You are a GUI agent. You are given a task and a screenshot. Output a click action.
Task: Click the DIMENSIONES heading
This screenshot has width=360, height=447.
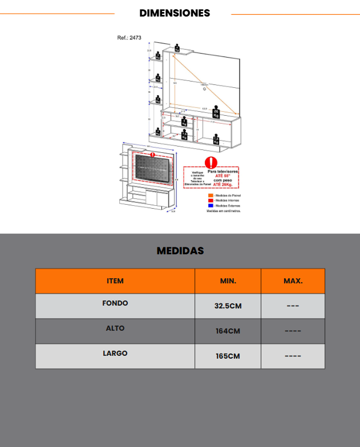[x=175, y=13]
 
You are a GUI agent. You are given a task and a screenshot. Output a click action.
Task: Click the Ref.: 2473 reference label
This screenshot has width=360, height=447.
[x=129, y=38]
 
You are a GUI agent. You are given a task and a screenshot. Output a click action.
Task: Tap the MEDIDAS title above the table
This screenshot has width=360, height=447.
[x=180, y=251]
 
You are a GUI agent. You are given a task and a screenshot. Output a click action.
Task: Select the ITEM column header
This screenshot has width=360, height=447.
[x=115, y=281]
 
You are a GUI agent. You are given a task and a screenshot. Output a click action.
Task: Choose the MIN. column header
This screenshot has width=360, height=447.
[x=228, y=281]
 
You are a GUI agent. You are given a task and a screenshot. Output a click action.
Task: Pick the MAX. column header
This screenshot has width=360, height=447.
[x=293, y=281]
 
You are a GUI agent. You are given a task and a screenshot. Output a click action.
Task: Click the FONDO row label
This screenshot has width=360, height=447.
[x=115, y=303]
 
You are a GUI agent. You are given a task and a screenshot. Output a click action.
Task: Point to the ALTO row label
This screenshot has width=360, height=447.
[x=115, y=328]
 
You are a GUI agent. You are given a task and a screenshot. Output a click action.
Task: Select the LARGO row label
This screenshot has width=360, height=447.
[x=115, y=353]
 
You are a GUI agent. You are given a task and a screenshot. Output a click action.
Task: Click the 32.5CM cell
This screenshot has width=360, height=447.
[x=228, y=306]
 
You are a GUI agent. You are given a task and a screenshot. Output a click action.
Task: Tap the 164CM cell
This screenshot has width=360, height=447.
[x=228, y=331]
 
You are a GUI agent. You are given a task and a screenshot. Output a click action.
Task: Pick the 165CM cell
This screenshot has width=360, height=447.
[x=228, y=356]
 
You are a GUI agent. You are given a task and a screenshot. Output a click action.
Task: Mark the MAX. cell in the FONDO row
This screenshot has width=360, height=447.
[x=293, y=306]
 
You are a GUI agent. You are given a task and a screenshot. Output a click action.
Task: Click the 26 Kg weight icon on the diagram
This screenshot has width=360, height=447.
[x=216, y=112]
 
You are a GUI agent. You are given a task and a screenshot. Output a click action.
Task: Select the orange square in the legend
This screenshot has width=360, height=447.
[x=209, y=196]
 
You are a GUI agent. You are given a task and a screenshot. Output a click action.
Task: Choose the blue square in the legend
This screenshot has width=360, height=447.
[x=209, y=206]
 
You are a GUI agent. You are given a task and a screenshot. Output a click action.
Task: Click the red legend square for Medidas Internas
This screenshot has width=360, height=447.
[x=209, y=201]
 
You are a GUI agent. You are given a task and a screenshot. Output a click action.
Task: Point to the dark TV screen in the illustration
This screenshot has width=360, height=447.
[x=152, y=170]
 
